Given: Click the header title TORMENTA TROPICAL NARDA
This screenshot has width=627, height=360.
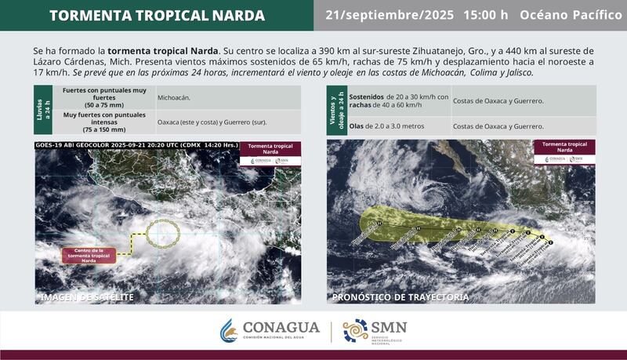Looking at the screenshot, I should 157,16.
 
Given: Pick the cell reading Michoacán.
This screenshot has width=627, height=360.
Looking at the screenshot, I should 176,98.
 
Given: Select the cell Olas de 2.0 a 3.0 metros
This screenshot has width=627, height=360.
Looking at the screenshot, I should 388,125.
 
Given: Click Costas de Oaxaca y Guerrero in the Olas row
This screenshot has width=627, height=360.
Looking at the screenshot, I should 498,125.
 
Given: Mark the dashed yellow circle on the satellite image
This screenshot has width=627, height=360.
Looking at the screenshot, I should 163,231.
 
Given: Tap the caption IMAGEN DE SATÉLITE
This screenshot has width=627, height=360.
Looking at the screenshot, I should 87,297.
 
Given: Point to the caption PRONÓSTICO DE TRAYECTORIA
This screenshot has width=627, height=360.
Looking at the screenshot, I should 400,297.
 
